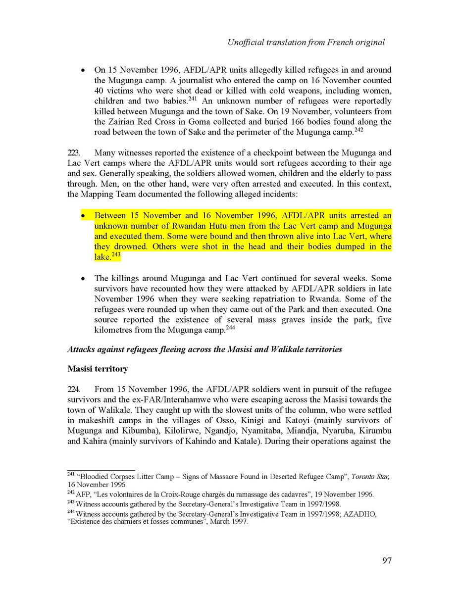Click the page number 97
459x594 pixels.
point(387,560)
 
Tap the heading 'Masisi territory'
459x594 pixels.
point(99,369)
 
